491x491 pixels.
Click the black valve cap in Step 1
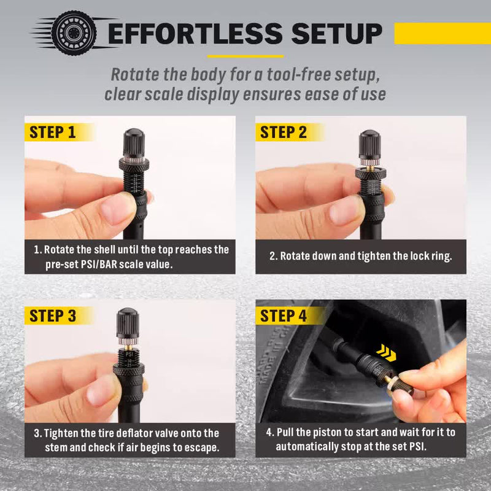(133, 144)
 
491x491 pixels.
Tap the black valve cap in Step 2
(369, 145)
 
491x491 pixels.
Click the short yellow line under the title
(245, 56)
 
